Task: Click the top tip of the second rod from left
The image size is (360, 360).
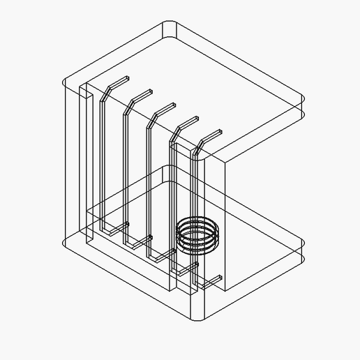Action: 151,91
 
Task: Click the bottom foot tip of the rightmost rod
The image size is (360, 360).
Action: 220,278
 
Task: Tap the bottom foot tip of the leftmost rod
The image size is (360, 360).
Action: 128,224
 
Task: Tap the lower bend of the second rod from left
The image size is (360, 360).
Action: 126,243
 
